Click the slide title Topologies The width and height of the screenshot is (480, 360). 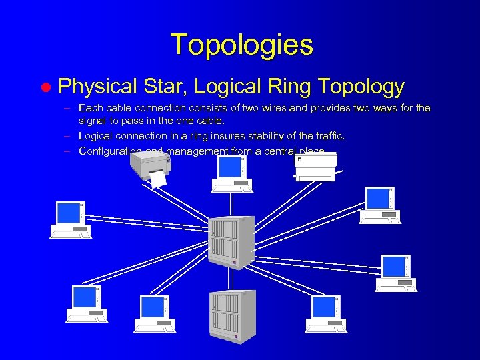[241, 45]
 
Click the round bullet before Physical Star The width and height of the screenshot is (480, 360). [45, 87]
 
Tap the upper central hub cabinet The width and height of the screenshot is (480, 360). [231, 241]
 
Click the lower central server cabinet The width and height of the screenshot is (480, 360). [232, 315]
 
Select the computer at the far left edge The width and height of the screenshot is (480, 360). [71, 219]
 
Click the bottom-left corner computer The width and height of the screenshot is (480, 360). [87, 304]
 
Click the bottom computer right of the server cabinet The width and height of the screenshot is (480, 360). [327, 314]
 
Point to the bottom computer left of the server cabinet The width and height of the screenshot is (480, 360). [155, 314]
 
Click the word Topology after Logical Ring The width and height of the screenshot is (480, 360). [361, 86]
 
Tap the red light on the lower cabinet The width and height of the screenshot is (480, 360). [235, 337]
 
